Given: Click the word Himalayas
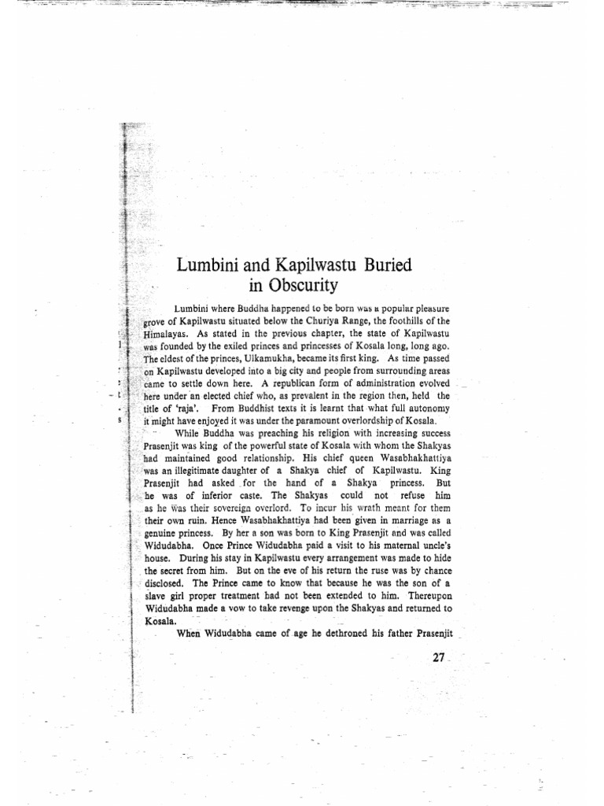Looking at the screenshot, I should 168,334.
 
